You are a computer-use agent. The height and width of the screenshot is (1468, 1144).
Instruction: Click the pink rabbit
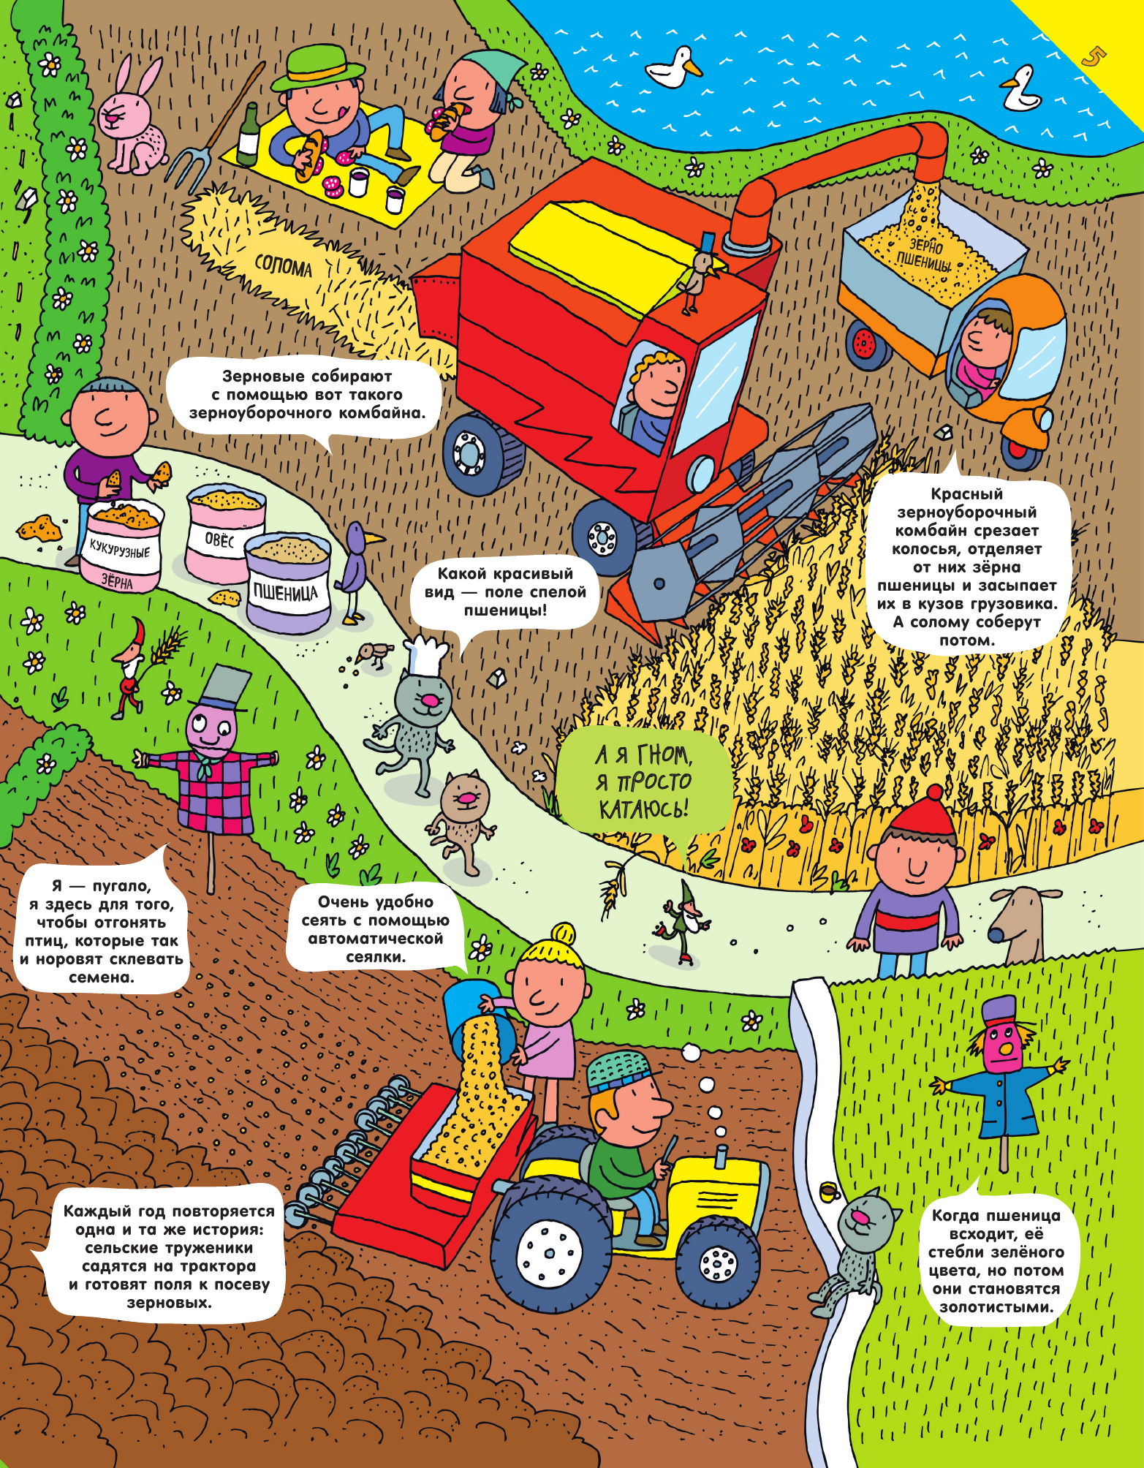[x=132, y=121]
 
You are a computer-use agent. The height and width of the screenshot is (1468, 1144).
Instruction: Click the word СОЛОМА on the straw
[x=283, y=267]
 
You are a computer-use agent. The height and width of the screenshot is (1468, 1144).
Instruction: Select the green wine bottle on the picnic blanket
[x=248, y=137]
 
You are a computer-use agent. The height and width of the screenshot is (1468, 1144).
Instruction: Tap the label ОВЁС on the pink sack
[x=219, y=540]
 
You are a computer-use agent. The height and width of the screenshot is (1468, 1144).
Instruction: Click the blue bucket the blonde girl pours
[x=471, y=1013]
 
